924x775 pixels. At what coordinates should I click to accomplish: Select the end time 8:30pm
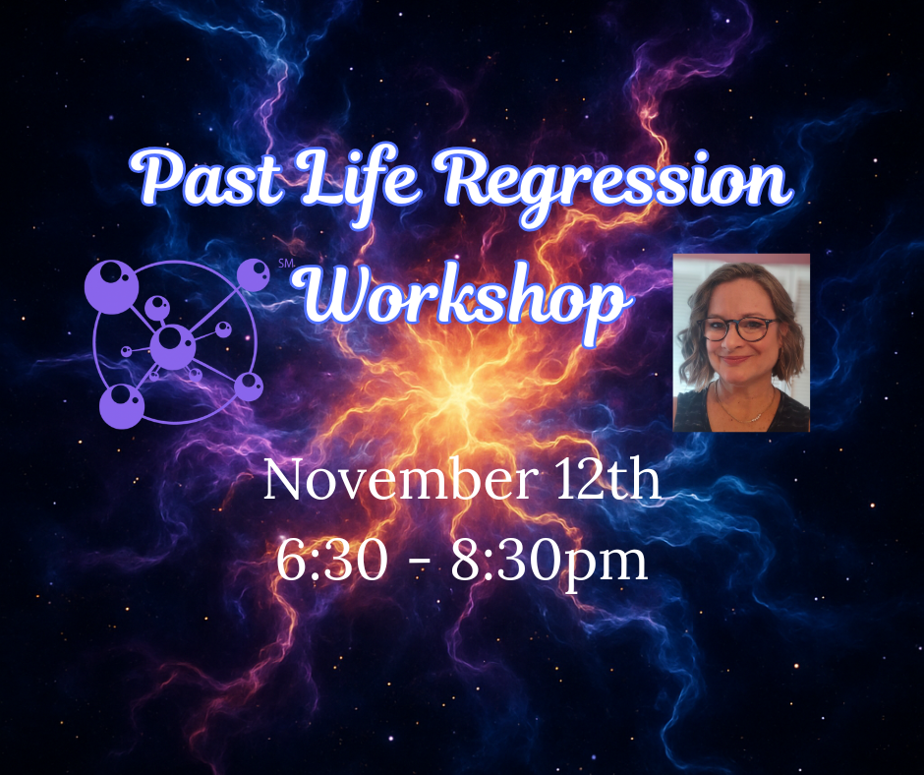[549, 562]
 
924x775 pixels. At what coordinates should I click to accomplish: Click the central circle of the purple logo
[173, 345]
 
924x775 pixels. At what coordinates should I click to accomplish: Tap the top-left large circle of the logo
[117, 286]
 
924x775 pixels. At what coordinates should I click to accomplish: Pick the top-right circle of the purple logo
[254, 273]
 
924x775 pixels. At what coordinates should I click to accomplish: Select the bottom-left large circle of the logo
[122, 403]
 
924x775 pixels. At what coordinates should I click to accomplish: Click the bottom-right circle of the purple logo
[249, 385]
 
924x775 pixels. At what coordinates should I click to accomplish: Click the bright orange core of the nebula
[458, 393]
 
